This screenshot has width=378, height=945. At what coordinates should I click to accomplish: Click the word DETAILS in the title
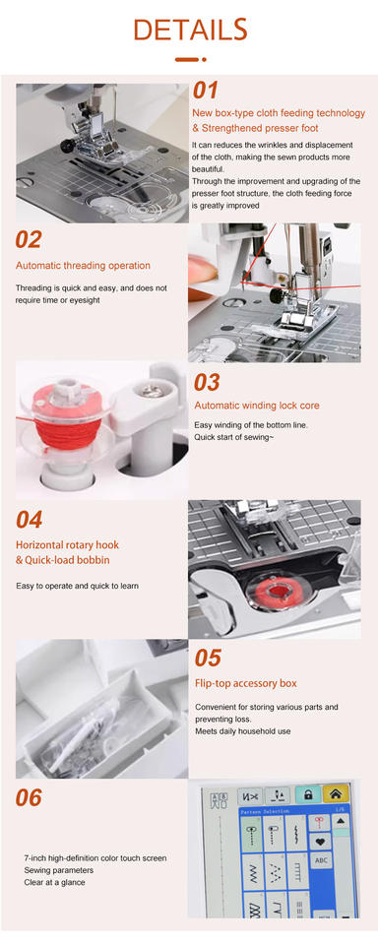click(190, 30)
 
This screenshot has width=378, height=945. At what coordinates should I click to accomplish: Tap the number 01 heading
click(205, 91)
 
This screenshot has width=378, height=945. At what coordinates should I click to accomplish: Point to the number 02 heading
click(29, 240)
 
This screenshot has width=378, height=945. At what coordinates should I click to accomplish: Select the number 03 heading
click(207, 383)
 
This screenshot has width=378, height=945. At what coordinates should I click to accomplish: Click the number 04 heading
click(29, 520)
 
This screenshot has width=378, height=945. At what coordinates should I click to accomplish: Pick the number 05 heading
click(208, 659)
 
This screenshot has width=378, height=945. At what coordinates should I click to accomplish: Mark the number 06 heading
click(29, 798)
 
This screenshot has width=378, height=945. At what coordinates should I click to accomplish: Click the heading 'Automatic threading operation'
click(84, 266)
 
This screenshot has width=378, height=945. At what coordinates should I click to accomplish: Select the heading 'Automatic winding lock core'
click(257, 406)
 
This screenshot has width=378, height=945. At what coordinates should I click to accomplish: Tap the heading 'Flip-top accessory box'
click(246, 683)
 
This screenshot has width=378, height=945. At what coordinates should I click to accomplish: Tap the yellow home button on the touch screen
click(336, 795)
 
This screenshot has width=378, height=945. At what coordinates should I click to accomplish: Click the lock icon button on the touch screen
click(308, 795)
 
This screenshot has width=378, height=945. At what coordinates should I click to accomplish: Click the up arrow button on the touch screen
click(342, 821)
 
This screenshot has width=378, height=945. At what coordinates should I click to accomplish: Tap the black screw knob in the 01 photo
click(68, 146)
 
